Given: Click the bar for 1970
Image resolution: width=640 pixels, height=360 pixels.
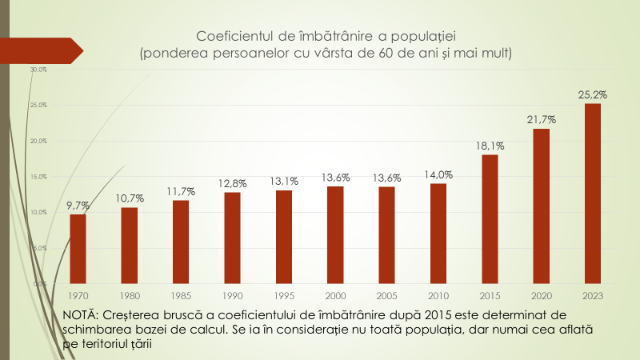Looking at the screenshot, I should (78, 249).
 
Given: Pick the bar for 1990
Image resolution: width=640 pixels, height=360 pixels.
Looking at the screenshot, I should (232, 238).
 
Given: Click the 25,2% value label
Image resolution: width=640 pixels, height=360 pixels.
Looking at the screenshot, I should (593, 94).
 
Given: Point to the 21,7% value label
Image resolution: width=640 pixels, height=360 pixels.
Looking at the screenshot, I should (542, 119).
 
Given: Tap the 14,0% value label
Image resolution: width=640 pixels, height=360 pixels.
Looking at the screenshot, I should (438, 174).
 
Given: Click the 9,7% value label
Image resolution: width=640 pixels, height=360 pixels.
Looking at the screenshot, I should (78, 206).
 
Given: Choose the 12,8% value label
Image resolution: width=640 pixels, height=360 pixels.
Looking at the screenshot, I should (232, 183).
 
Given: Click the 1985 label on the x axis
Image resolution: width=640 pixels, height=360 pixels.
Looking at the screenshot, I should (181, 295).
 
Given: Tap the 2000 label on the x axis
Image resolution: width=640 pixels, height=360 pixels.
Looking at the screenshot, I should (335, 295).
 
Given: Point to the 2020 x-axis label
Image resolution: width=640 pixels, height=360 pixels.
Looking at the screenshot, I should (542, 295).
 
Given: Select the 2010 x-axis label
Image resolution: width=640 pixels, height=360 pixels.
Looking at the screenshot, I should (438, 295).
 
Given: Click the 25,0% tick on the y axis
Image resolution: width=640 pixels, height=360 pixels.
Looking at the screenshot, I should (39, 106).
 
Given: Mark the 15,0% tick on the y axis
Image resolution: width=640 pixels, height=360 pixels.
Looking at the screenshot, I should (39, 177).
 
